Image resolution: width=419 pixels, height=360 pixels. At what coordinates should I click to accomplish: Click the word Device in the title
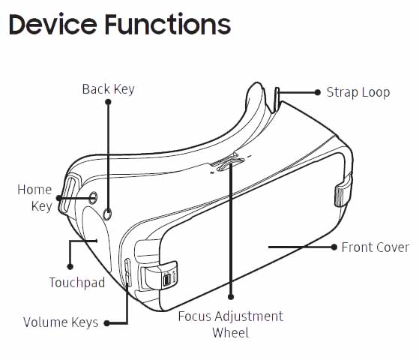click(x=53, y=24)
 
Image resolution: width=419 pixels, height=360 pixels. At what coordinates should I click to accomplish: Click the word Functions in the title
click(x=168, y=24)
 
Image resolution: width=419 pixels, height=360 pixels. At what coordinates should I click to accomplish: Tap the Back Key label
click(x=108, y=89)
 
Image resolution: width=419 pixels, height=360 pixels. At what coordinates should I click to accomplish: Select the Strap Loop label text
click(x=358, y=92)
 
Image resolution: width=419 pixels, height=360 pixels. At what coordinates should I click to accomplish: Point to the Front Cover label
click(x=376, y=247)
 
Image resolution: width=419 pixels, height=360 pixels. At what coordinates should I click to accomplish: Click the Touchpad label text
click(x=77, y=283)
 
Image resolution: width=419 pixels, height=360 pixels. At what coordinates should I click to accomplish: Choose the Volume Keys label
click(x=61, y=322)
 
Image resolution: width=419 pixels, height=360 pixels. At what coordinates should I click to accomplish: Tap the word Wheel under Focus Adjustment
click(x=231, y=333)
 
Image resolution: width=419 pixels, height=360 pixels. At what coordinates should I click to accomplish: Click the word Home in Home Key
click(x=34, y=190)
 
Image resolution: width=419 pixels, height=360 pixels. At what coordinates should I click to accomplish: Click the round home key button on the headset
click(x=93, y=198)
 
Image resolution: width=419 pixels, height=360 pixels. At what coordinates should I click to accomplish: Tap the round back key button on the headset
click(x=107, y=214)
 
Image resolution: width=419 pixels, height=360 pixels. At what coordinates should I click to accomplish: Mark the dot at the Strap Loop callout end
click(x=318, y=92)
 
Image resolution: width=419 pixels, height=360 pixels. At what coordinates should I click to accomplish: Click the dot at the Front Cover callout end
click(x=334, y=247)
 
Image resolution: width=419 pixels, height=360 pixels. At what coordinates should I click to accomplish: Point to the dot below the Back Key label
click(x=108, y=102)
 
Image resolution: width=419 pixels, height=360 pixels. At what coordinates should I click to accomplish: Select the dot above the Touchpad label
click(x=70, y=267)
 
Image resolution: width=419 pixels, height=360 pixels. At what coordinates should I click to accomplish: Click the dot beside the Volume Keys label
click(x=106, y=323)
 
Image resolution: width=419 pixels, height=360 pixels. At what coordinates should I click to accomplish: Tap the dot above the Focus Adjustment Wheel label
click(x=231, y=296)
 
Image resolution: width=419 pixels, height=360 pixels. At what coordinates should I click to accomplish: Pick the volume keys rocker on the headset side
click(x=127, y=272)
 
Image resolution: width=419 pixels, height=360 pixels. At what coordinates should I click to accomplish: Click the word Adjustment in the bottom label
click(x=249, y=316)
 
